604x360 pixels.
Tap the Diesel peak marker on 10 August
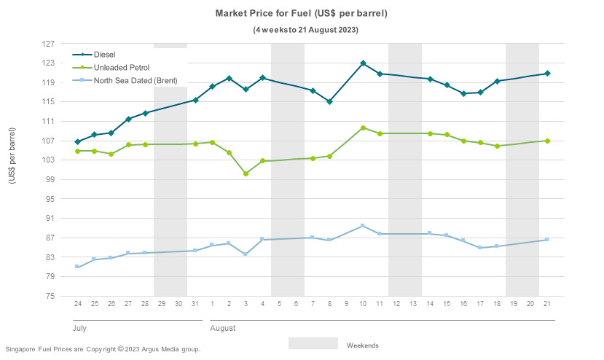[x=363, y=63]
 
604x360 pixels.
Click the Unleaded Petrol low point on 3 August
[x=246, y=173]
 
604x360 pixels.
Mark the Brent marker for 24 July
[x=77, y=267]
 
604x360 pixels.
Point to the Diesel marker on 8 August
[x=329, y=101]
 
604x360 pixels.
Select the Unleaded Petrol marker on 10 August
[x=363, y=128]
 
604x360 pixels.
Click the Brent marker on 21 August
[x=547, y=240]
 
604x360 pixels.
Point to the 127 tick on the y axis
[x=49, y=44]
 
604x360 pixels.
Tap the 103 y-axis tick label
[x=49, y=160]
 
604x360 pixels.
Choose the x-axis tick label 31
[x=195, y=303]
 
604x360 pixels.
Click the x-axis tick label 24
[x=77, y=303]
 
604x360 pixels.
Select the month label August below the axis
[x=223, y=329]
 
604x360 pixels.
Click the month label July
[x=79, y=329]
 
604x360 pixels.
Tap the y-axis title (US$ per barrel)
[x=12, y=169]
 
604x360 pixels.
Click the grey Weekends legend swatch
[x=313, y=343]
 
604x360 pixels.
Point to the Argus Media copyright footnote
[x=103, y=349]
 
